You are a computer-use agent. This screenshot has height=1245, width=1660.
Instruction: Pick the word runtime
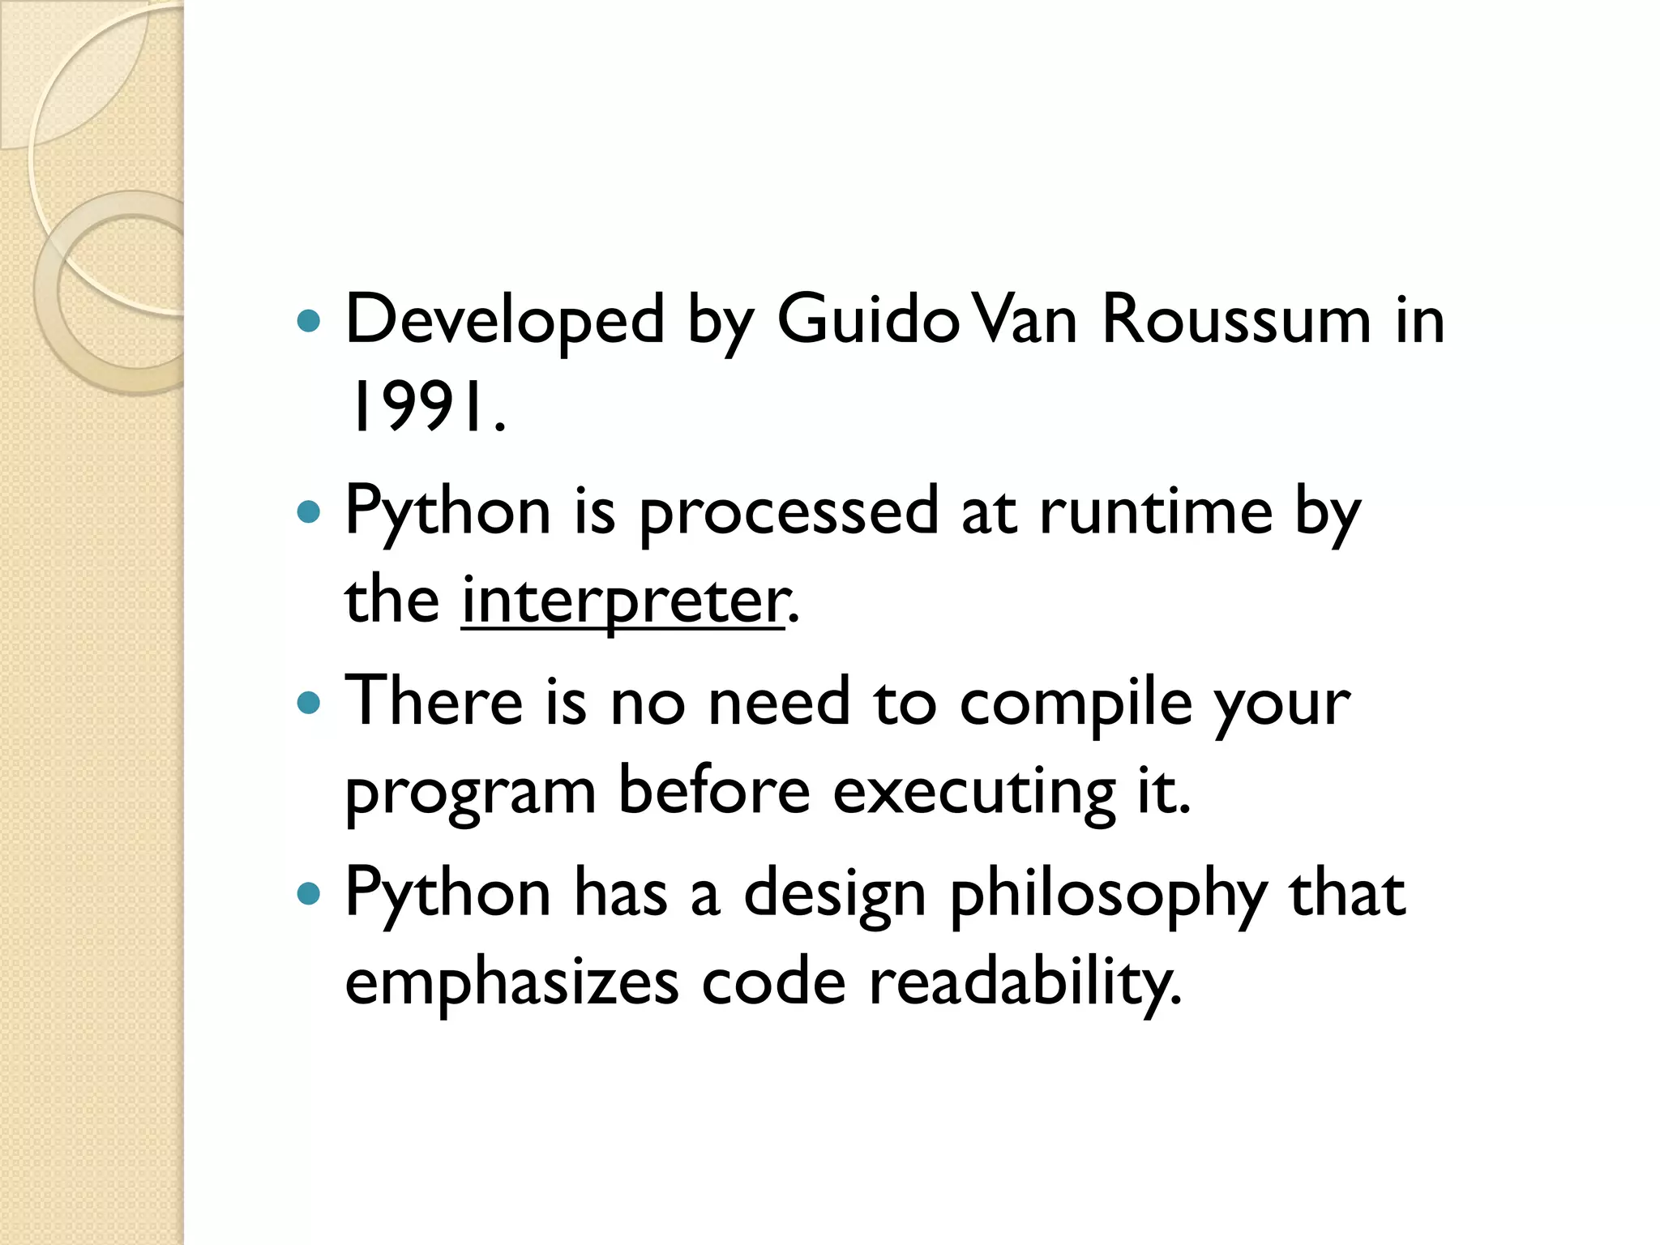pos(1156,511)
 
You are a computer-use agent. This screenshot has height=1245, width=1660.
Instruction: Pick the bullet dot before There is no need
pos(309,703)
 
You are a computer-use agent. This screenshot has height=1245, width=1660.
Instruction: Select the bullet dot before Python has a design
pos(309,894)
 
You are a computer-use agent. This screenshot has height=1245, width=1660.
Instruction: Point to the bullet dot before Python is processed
pos(309,511)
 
